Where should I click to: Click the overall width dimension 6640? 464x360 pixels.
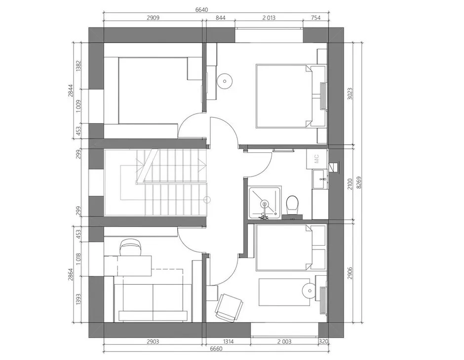(201, 9)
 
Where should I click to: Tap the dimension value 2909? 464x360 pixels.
(153, 18)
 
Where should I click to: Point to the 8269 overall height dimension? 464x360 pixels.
(359, 182)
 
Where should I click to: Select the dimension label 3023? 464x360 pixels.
(350, 93)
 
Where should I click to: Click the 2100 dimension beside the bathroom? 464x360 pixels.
(350, 184)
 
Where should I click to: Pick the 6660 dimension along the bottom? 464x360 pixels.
(216, 349)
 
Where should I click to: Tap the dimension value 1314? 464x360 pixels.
(228, 342)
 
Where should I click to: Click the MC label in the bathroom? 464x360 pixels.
(316, 159)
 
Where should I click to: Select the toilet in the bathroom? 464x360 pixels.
(292, 204)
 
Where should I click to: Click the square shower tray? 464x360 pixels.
(265, 203)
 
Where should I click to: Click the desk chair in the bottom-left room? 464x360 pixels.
(130, 247)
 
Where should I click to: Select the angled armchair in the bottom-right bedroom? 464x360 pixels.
(228, 307)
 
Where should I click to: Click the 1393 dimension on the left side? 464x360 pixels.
(78, 299)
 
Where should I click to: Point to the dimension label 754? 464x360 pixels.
(315, 18)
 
